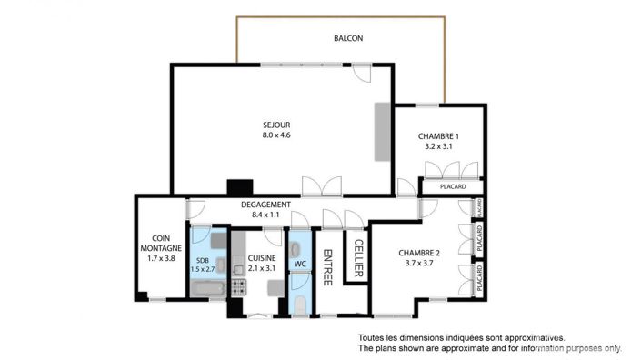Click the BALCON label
coord(348,38)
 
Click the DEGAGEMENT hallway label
coord(265,205)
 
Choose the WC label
coord(299,265)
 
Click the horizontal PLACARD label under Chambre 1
coord(453,187)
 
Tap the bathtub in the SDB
coord(208,290)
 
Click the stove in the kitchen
coord(240,288)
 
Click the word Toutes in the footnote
coord(373,336)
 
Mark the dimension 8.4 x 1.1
coord(265,216)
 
